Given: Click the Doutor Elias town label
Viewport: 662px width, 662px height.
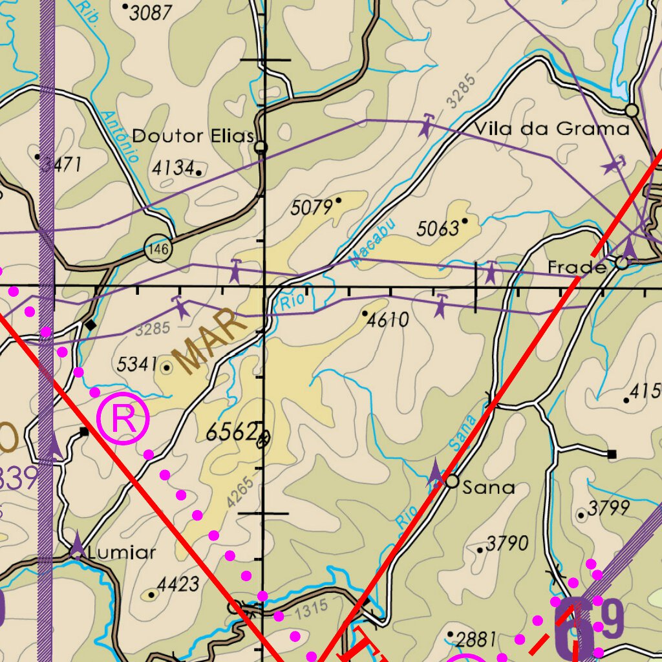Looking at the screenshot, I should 192,136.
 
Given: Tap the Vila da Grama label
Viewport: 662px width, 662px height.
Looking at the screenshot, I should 551,129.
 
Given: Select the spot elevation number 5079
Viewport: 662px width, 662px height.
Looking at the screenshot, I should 312,208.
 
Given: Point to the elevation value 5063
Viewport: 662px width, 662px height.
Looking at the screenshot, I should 438,228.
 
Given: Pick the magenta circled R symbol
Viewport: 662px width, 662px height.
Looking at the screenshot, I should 123,420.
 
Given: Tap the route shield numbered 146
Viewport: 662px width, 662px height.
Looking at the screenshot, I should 157,248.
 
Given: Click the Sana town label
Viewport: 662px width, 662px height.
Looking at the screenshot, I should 489,487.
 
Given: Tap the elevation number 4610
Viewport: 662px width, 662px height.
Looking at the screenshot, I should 388,319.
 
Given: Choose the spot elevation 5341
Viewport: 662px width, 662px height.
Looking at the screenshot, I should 137,365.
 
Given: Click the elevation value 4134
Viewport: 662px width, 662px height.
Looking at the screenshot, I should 173,169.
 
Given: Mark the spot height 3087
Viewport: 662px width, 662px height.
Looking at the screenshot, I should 151,13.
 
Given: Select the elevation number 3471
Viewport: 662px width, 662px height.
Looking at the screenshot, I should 61,165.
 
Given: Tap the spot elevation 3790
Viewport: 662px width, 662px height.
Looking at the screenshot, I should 507,543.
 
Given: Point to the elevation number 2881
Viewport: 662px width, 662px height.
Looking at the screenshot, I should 476,640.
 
